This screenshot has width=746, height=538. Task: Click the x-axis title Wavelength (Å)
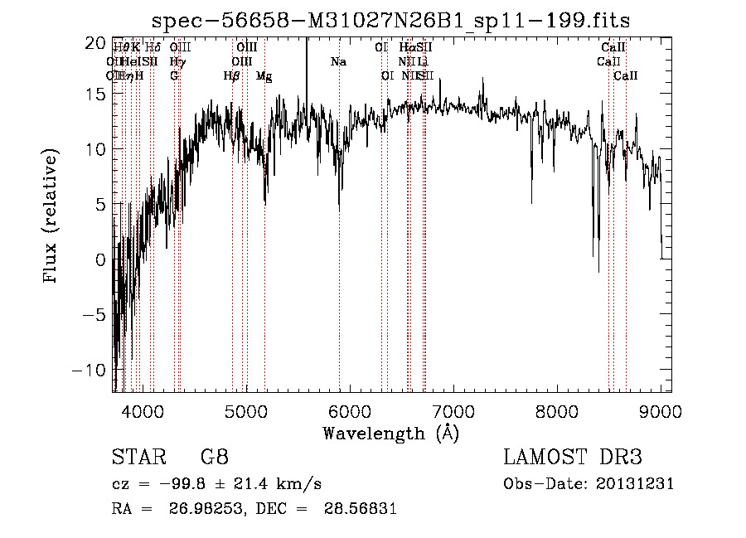(390, 433)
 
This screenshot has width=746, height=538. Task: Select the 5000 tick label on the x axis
(246, 410)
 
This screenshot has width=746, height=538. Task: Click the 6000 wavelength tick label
(350, 410)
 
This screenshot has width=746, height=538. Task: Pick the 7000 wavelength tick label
(453, 410)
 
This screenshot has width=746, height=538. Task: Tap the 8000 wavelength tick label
(557, 410)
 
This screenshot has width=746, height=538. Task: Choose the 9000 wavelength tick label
(661, 410)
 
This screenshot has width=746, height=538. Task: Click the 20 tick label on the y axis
(97, 42)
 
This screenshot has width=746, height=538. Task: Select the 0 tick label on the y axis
(101, 260)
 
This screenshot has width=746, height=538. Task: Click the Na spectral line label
(338, 61)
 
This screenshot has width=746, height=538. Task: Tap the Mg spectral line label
(264, 76)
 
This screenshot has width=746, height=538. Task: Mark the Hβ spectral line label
(232, 75)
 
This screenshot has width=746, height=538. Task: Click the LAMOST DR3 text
(573, 458)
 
